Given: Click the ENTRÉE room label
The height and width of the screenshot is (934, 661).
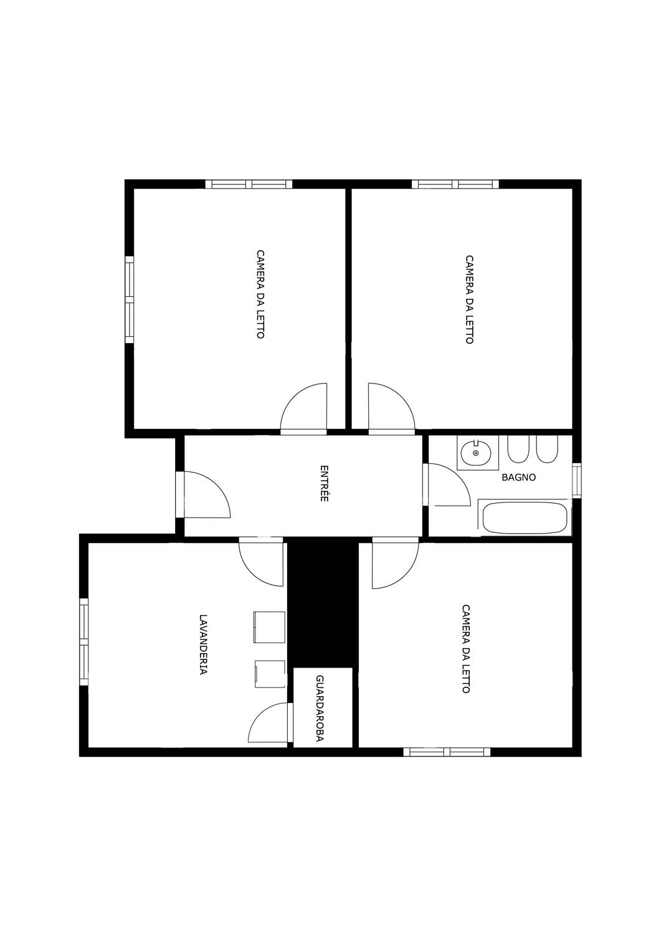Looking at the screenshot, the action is pos(324,483).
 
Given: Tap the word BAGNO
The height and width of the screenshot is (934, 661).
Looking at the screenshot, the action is pos(519,478).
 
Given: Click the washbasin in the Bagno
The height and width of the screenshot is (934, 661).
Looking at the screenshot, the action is pos(475,453).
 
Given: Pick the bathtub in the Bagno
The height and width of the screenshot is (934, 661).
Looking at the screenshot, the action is pos(525,517).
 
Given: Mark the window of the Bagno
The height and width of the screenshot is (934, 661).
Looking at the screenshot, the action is pos(576,480).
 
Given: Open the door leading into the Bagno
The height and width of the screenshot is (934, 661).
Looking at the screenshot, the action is pos(447,484).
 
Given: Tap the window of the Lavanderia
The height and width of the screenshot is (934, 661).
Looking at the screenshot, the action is pos(84,642).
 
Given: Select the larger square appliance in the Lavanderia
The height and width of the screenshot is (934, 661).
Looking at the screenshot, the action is pos(269,627).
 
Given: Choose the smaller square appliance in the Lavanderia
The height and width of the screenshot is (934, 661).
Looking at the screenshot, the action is pos(270,673).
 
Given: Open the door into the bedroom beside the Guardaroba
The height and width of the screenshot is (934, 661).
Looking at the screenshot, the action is pos(395,563).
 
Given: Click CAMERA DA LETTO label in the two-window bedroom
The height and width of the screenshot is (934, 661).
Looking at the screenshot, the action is pos(260,295).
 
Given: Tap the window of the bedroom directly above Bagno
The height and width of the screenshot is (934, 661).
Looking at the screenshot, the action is pos(455,184).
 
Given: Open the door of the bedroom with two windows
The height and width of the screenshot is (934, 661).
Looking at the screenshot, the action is pos(303,409).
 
